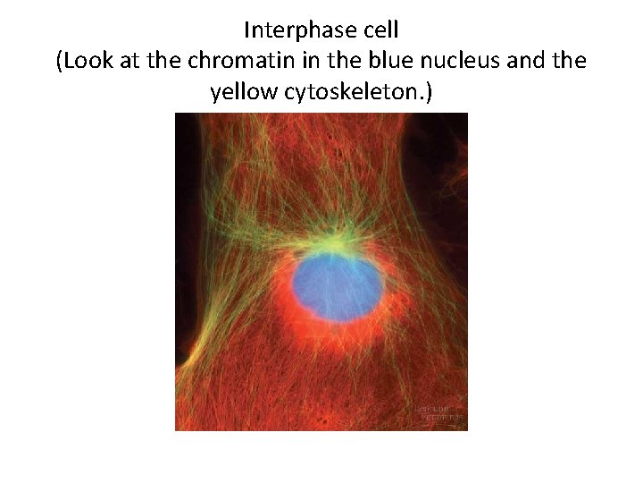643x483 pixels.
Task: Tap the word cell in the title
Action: (x=379, y=30)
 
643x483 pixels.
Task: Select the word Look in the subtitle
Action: (x=84, y=61)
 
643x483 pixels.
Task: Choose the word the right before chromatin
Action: (x=161, y=61)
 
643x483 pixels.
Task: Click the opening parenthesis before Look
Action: (x=59, y=61)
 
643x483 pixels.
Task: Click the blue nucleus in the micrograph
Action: (x=336, y=284)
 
